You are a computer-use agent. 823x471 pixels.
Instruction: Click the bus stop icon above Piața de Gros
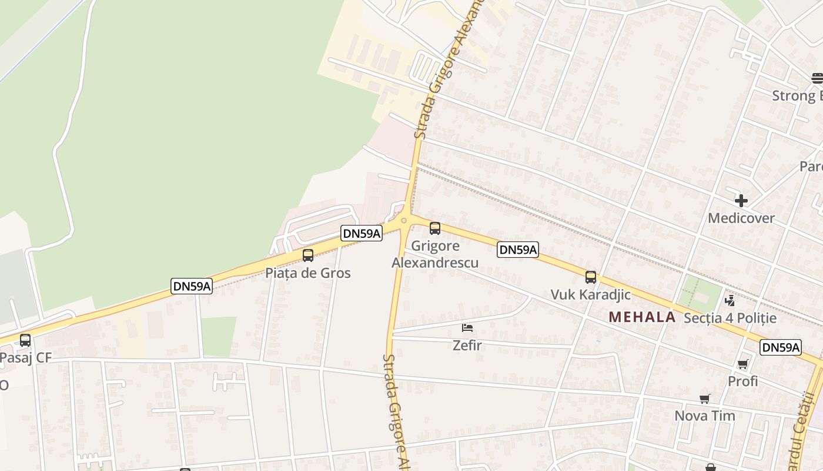pos(307,256)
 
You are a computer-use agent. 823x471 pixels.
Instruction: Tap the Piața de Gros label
pos(307,273)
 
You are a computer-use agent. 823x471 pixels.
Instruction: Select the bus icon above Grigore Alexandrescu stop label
pos(435,228)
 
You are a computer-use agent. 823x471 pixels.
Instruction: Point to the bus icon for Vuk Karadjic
pos(591,277)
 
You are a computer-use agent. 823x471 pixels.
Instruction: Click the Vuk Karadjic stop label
pos(590,294)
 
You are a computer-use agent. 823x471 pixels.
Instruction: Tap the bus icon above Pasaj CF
pos(25,340)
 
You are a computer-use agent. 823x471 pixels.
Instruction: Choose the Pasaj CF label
pos(26,357)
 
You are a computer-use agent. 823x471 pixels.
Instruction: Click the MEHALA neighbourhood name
pos(642,317)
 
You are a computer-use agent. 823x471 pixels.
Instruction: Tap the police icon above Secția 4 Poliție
pos(730,301)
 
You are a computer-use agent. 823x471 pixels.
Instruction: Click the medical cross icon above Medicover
pos(741,201)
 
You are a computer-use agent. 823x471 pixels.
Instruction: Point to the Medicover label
pos(741,218)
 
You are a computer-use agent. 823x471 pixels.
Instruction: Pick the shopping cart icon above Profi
pos(742,364)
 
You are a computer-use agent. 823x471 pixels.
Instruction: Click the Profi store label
pos(742,382)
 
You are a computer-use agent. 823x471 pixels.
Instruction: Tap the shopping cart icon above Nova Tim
pos(705,399)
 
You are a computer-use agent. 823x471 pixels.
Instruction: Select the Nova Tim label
pos(704,416)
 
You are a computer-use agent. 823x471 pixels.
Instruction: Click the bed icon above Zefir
pos(467,328)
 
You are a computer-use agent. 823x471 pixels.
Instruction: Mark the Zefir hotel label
pos(467,346)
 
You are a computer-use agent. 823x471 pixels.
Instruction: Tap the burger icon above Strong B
pos(817,78)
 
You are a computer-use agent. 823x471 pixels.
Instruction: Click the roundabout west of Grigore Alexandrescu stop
pos(403,221)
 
